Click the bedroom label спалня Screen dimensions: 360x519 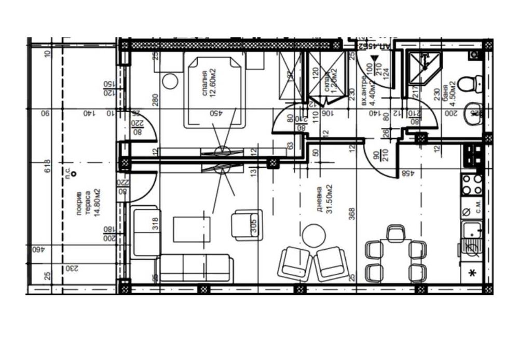[x=206, y=81]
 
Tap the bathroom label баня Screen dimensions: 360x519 [x=445, y=91]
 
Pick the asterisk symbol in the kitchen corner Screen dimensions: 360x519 [x=472, y=273]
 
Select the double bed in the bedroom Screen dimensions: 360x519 [x=214, y=92]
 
